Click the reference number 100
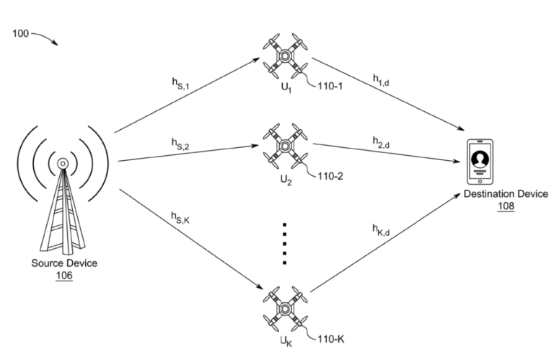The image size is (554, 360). (22, 33)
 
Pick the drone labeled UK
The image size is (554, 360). (286, 306)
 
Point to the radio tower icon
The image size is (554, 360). (63, 202)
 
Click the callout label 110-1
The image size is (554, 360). (333, 84)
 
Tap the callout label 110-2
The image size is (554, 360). (333, 175)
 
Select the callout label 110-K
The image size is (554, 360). (333, 336)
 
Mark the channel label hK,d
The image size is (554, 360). (381, 229)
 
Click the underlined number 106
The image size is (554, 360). (63, 275)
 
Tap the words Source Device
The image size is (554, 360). (63, 263)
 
